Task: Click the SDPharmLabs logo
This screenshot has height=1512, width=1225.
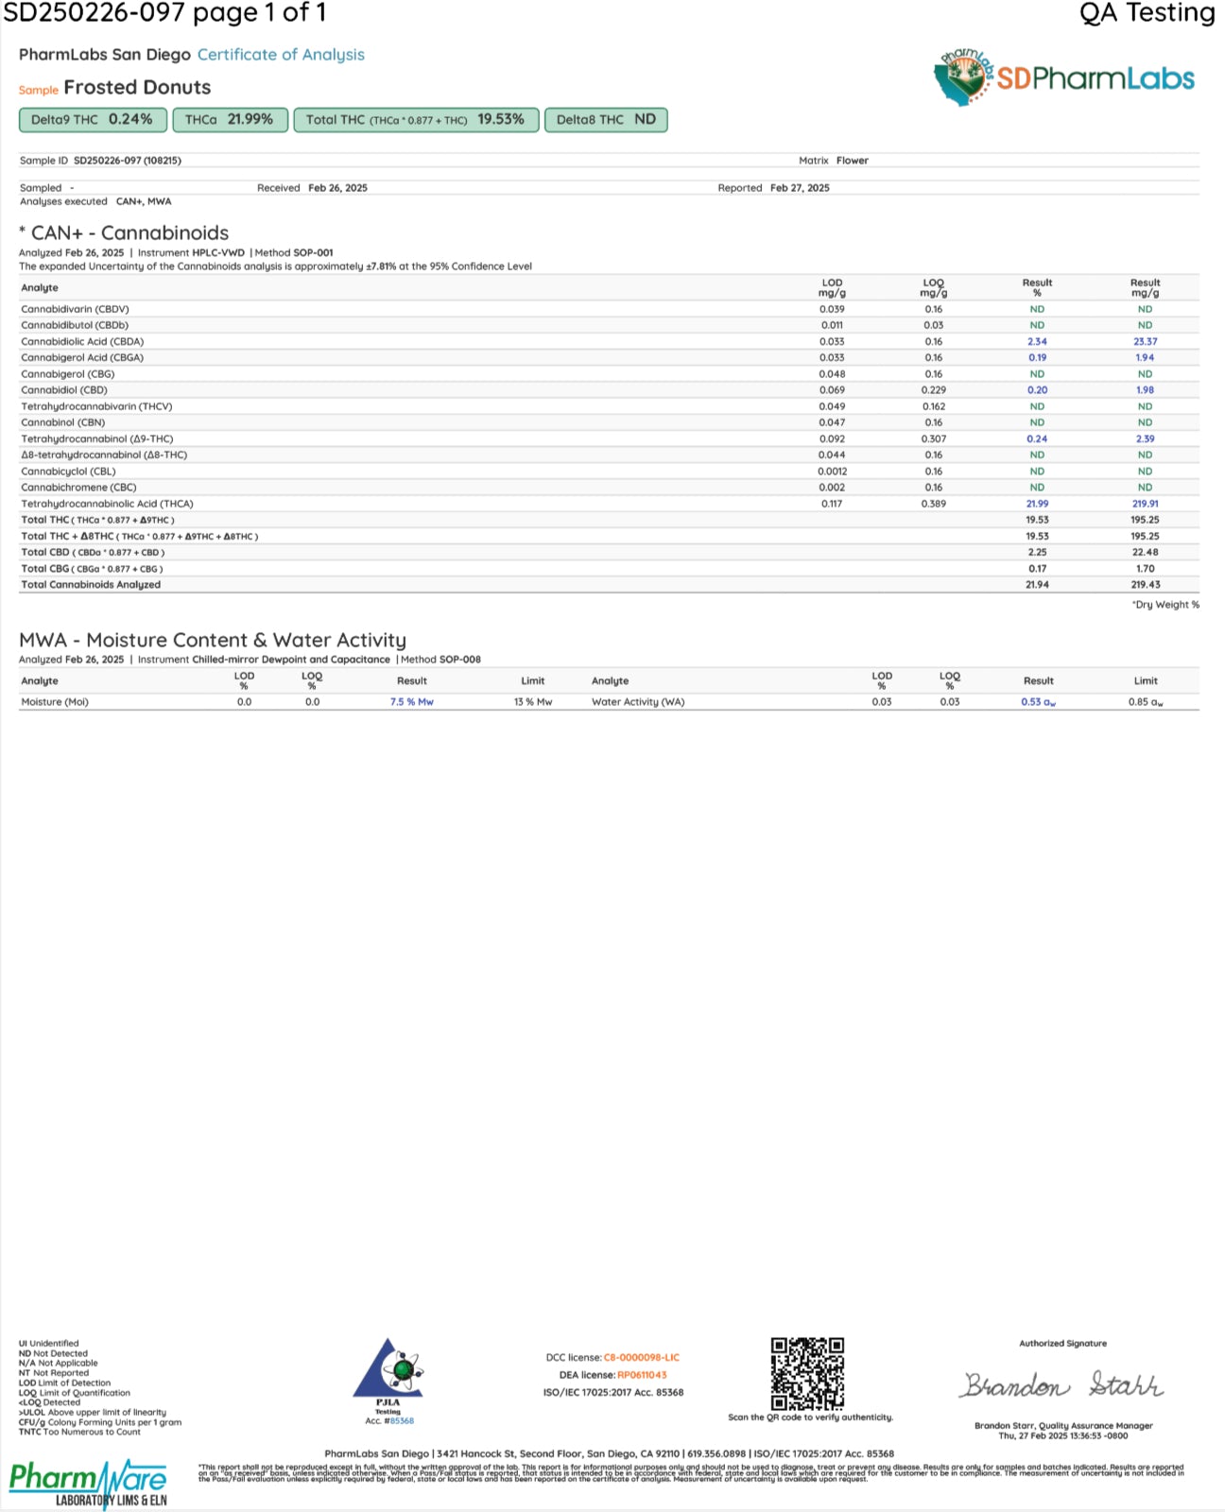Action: click(1064, 78)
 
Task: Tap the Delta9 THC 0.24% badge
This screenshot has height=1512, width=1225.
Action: click(93, 120)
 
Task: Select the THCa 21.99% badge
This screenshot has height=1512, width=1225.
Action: click(230, 120)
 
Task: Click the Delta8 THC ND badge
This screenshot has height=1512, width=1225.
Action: click(606, 120)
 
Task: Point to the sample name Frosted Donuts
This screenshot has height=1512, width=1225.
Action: click(137, 88)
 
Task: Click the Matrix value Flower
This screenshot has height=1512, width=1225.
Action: click(852, 161)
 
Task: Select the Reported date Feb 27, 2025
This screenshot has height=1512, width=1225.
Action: click(800, 188)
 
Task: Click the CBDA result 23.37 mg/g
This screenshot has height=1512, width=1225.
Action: click(1145, 342)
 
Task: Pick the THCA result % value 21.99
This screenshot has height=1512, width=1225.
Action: click(1037, 504)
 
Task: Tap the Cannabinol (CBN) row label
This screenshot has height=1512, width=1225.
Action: click(63, 422)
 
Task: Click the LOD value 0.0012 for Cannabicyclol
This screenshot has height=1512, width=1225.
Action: click(832, 472)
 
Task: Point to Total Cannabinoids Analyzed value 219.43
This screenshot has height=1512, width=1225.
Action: click(1145, 585)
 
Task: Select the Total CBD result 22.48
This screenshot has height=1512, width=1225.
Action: click(1145, 553)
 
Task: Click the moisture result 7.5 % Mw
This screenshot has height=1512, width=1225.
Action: click(411, 702)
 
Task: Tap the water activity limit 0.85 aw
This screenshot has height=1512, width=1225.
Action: click(1145, 702)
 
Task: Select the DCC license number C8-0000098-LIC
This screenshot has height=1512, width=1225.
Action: click(641, 1358)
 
